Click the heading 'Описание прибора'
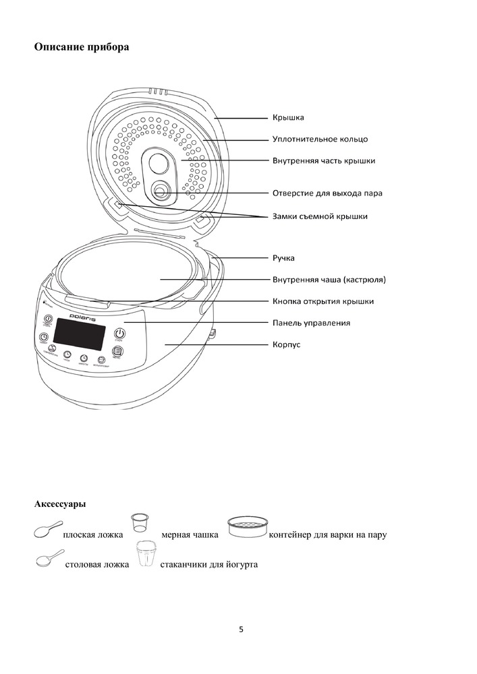coord(81,47)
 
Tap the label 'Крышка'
coord(288,118)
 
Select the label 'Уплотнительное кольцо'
coord(320,140)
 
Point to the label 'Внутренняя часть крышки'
coord(324,161)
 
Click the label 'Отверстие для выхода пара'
coord(327,193)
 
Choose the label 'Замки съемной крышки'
coord(320,216)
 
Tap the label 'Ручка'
coord(283,257)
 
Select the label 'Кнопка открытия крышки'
coord(322,301)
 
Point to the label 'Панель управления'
coord(311,323)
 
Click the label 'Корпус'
coord(286,344)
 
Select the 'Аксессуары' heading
coord(59,503)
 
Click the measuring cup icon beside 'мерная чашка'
coord(140,523)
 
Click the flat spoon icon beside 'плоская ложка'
coord(46,532)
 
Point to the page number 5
coord(241,630)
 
